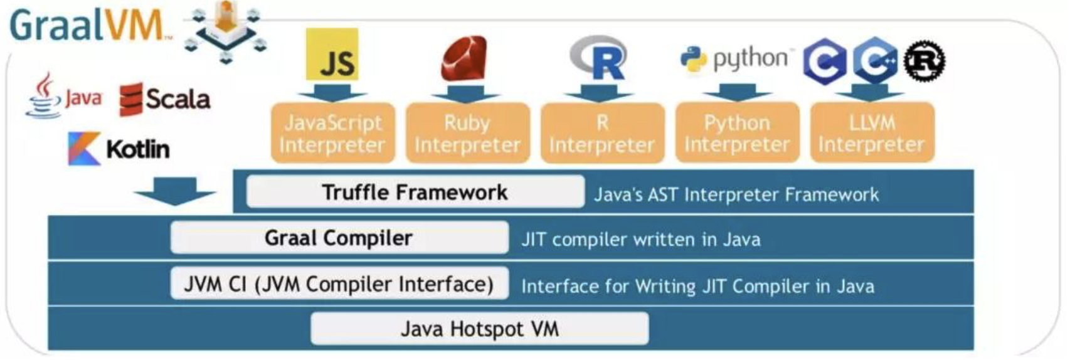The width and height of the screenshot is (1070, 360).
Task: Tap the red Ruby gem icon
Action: tap(464, 58)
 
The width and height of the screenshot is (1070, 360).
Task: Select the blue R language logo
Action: tap(600, 58)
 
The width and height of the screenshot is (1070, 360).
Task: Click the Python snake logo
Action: tap(694, 60)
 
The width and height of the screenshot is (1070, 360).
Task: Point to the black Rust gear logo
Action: tap(924, 61)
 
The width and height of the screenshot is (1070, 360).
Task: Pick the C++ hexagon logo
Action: tap(874, 60)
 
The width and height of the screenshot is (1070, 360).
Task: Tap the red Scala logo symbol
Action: tap(131, 100)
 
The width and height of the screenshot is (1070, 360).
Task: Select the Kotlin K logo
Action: tap(83, 149)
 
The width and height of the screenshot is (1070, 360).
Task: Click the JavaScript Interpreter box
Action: tap(332, 134)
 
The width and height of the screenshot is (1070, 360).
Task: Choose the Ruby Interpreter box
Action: tap(467, 134)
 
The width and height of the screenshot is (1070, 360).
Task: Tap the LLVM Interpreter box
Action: tap(872, 134)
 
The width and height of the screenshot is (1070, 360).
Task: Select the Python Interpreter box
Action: tap(737, 134)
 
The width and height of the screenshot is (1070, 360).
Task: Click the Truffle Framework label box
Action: tap(415, 192)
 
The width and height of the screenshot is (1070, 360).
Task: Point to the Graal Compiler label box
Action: tap(339, 238)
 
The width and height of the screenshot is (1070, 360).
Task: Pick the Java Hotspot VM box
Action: tap(479, 329)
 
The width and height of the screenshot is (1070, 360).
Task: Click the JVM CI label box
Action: tap(339, 284)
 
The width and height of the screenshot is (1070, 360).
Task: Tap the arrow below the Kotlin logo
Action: tap(174, 191)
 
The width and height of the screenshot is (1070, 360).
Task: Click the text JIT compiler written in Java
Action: tap(640, 239)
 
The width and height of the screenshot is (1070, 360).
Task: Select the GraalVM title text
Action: tap(86, 26)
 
